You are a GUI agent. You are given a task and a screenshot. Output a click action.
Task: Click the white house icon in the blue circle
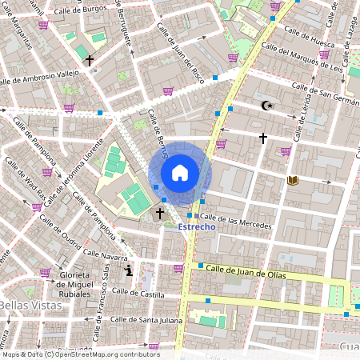pyautogui.click(x=180, y=173)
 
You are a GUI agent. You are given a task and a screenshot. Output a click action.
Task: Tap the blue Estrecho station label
pyautogui.click(x=196, y=226)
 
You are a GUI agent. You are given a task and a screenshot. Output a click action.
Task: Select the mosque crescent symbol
pyautogui.click(x=267, y=106)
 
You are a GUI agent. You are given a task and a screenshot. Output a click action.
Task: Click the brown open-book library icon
pyautogui.click(x=293, y=181)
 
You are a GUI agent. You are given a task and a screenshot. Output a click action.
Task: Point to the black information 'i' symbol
pyautogui.click(x=130, y=271)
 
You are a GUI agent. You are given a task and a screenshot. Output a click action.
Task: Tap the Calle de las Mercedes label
pyautogui.click(x=236, y=218)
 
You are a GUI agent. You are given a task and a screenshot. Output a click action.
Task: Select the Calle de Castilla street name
pyautogui.click(x=138, y=295)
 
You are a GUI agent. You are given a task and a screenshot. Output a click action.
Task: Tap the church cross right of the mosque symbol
pyautogui.click(x=262, y=138)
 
